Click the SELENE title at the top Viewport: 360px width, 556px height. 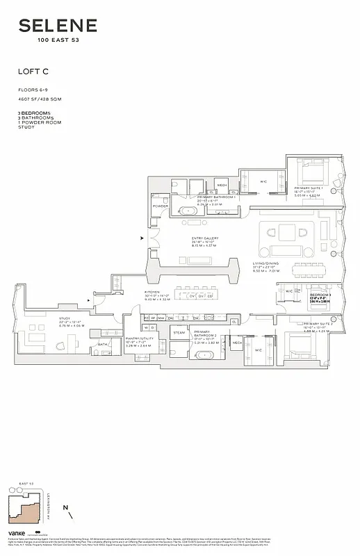58,26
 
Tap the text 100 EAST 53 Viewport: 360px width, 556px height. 58,40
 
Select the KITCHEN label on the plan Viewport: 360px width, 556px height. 152,293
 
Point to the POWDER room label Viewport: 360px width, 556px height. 160,206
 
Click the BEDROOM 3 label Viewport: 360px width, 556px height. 320,295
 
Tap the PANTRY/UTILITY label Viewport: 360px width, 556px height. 138,341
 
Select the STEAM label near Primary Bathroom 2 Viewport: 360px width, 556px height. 179,333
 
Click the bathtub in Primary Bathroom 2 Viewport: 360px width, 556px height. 204,355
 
